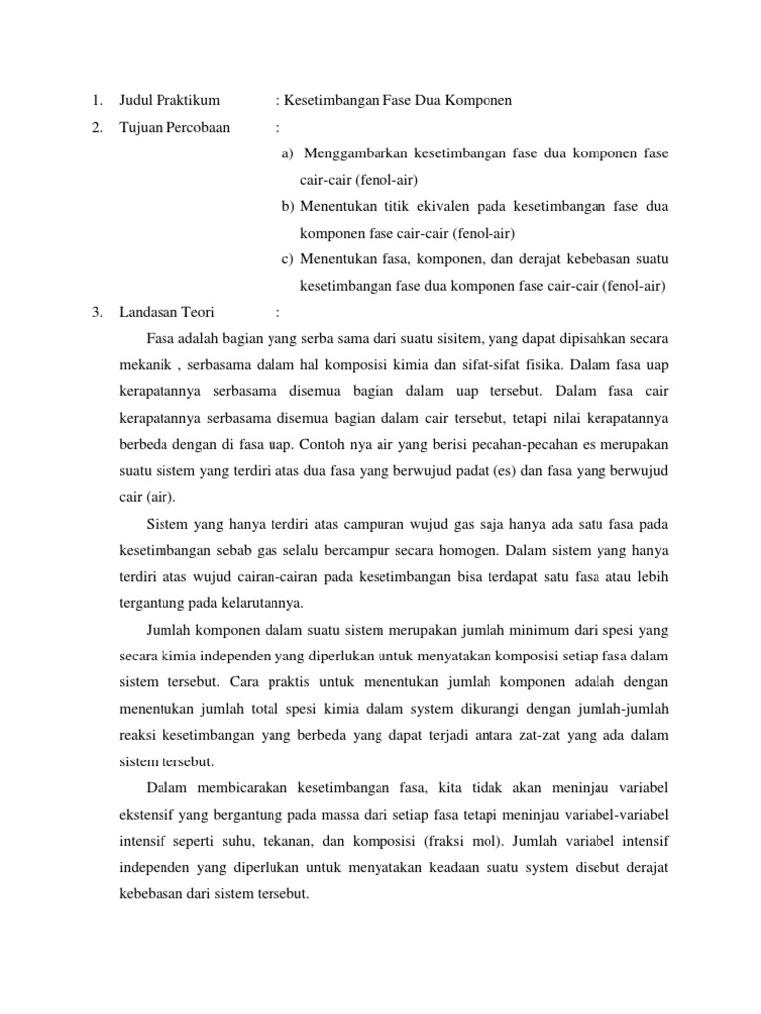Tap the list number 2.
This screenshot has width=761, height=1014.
(x=95, y=127)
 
